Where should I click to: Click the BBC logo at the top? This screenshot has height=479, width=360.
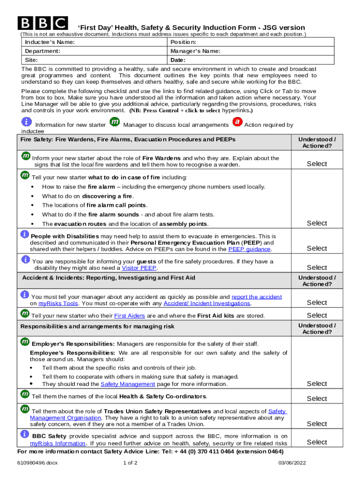pos(43,23)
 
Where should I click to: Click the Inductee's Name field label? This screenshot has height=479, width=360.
pos(50,42)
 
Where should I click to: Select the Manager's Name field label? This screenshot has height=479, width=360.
pos(195,51)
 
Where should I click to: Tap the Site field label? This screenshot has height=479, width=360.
pos(31,60)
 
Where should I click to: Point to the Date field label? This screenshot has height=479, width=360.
pos(178,60)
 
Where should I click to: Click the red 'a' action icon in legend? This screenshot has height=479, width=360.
pos(237,122)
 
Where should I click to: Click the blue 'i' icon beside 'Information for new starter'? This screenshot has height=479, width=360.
pos(27,122)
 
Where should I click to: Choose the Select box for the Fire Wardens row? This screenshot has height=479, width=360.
pos(317,164)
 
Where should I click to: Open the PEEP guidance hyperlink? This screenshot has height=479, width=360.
pos(249,249)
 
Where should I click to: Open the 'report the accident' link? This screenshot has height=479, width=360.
pos(256,297)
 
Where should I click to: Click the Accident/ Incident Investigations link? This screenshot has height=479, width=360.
pos(213,303)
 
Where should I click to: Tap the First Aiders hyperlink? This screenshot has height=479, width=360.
pos(130,316)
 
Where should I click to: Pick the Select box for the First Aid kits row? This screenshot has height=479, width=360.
pos(317,315)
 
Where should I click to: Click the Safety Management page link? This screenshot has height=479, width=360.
pos(128,384)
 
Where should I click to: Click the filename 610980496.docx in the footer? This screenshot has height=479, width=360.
pos(37,463)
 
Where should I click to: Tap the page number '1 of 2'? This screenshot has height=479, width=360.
pos(130,463)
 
